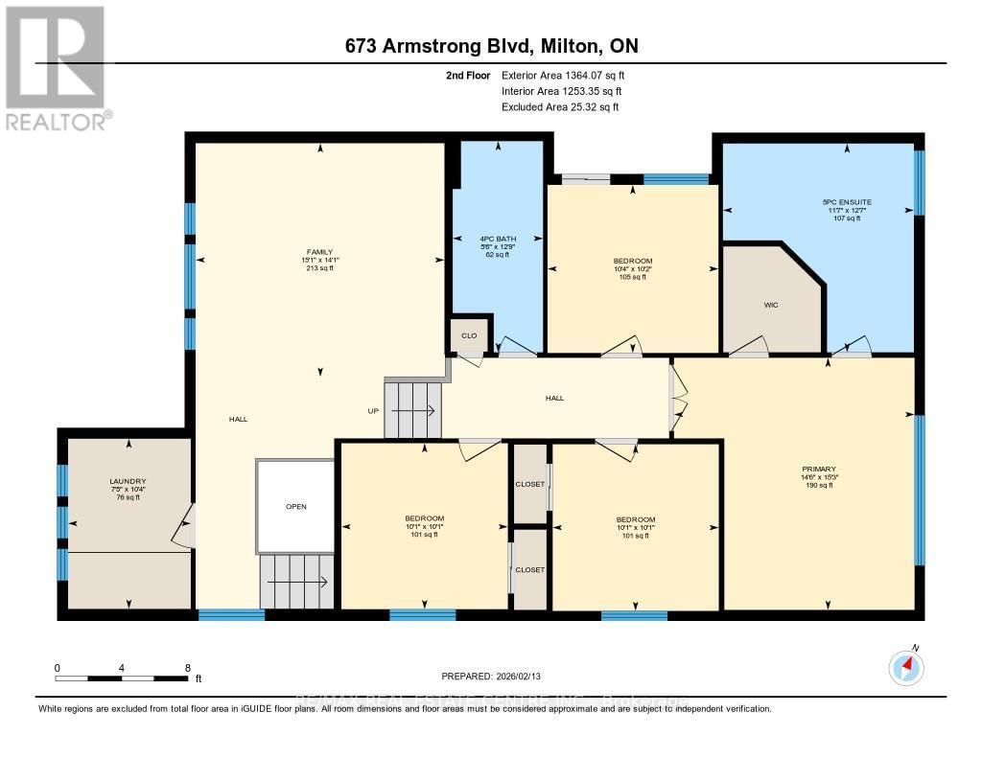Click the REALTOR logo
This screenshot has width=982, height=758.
56,67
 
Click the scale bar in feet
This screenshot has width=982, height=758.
125,678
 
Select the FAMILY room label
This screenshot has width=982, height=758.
320,252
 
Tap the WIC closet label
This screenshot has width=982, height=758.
770,307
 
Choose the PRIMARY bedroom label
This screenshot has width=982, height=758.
818,470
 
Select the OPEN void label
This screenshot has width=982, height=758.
296,506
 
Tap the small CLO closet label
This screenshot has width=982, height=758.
469,335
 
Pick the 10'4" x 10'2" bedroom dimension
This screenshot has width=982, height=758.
633,269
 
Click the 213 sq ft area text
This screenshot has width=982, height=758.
320,268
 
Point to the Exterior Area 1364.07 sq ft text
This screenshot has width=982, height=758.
563,75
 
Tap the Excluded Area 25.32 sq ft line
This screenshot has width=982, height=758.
560,107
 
